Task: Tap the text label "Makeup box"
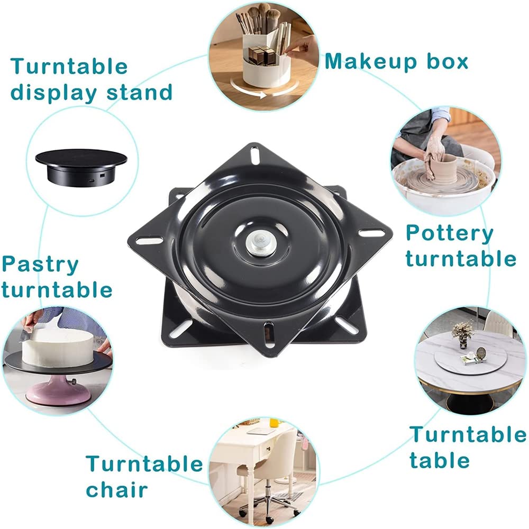(396, 61)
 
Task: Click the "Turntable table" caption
(468, 448)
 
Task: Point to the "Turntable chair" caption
(144, 476)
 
